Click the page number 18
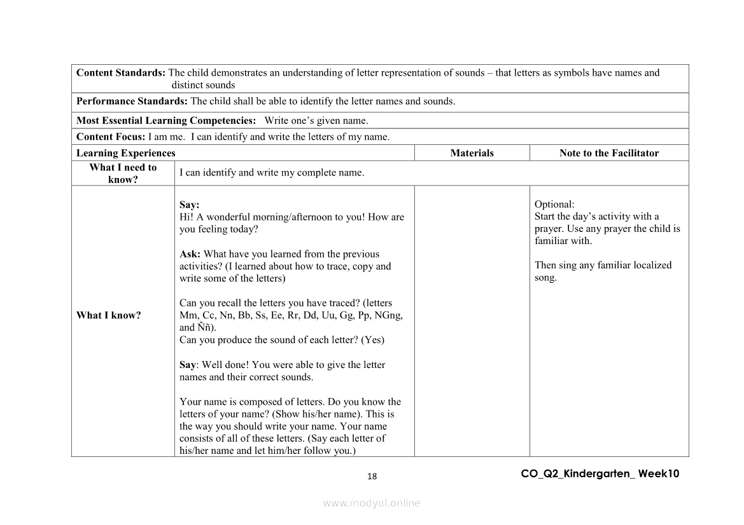tap(372, 477)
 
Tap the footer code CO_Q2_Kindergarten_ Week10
tap(600, 474)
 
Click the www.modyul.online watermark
tap(372, 503)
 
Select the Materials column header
tap(472, 153)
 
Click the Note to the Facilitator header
tap(609, 153)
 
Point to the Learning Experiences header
tap(125, 153)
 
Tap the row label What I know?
tap(109, 315)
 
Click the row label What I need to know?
tap(123, 173)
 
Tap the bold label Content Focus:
tap(111, 137)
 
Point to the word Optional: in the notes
tap(554, 204)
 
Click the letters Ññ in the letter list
tap(206, 328)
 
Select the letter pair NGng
tap(388, 315)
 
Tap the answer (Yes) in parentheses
tap(373, 340)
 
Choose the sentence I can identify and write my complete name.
tap(272, 173)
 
